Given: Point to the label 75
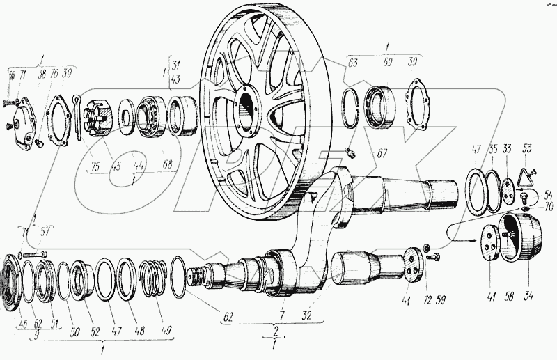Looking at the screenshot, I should coord(95,166).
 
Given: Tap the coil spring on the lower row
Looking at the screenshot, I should coord(154,275).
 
